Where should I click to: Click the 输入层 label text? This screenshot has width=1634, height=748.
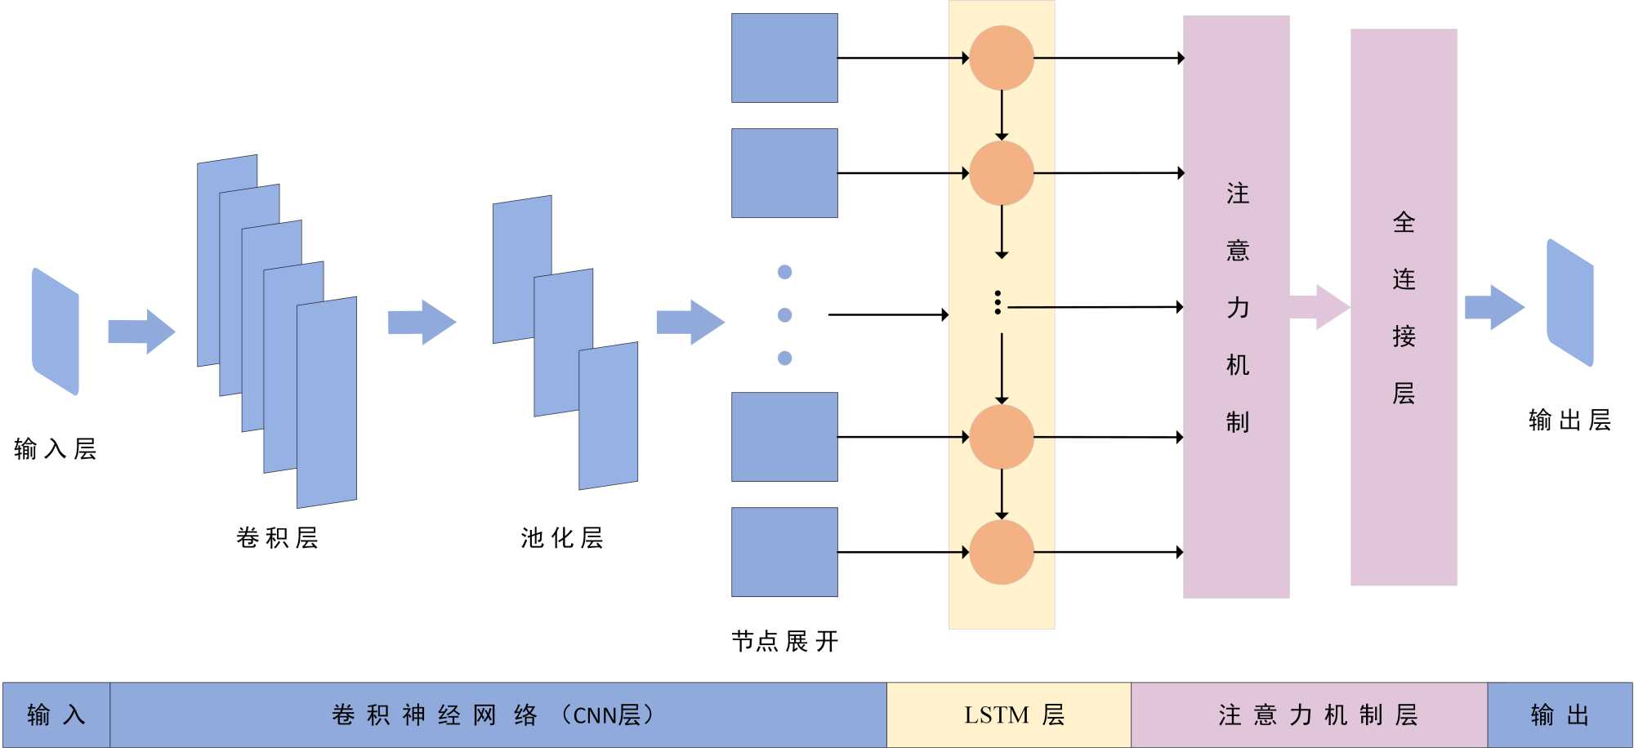tap(56, 449)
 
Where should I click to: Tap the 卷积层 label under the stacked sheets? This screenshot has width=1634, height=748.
tap(277, 538)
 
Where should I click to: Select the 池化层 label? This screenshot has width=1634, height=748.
tap(562, 538)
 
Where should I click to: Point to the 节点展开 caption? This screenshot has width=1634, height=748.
tap(784, 642)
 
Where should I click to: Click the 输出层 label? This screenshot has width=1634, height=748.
tap(1569, 421)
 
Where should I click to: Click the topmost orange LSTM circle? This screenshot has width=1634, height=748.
tap(1002, 58)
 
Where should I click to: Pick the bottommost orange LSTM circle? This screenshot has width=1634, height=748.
tap(1002, 552)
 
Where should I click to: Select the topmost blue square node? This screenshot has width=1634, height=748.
tap(784, 58)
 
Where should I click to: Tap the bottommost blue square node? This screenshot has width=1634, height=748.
tap(784, 552)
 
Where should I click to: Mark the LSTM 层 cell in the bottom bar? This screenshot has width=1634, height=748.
tap(1009, 715)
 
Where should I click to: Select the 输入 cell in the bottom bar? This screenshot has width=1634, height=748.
tap(56, 715)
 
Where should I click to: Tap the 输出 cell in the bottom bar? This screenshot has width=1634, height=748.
tap(1560, 715)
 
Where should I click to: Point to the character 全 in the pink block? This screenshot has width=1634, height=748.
tap(1404, 222)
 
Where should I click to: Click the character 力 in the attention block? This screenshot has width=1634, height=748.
tap(1238, 308)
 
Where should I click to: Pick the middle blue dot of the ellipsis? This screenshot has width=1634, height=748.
tap(785, 315)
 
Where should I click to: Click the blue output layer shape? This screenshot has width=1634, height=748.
tap(1570, 303)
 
